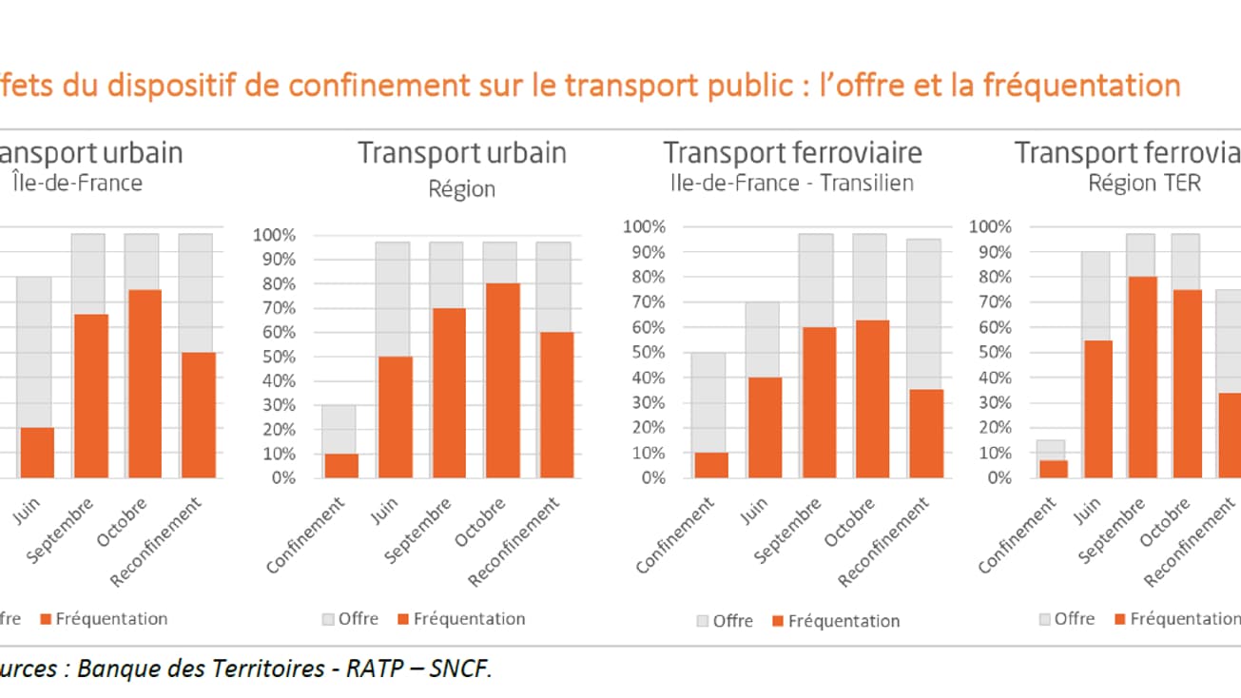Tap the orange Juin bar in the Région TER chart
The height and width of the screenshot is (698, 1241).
click(1099, 409)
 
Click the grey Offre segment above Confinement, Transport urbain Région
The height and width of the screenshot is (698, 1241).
click(339, 429)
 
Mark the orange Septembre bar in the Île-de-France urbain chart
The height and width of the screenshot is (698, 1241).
click(90, 396)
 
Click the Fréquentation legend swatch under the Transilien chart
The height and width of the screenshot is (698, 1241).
click(779, 621)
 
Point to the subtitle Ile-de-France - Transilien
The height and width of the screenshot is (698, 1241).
click(788, 183)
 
